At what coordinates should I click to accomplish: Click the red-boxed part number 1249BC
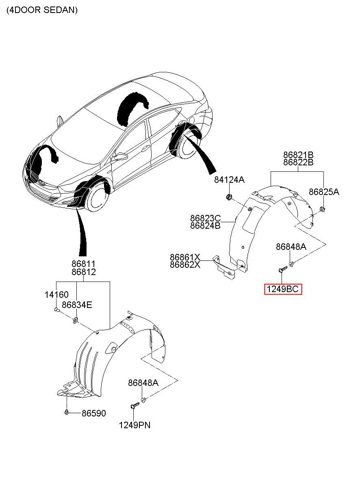(283, 289)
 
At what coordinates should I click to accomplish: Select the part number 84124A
(230, 180)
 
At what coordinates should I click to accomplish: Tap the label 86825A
(323, 192)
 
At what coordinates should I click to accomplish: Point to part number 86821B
(298, 155)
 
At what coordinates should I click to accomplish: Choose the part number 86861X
(185, 257)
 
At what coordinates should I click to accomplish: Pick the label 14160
(56, 295)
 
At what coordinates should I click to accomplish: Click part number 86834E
(77, 305)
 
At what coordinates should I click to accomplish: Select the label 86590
(93, 414)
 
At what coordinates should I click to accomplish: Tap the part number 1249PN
(134, 425)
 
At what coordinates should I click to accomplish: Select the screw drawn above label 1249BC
(281, 270)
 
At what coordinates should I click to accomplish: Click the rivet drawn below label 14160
(56, 310)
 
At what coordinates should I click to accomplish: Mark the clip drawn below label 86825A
(322, 209)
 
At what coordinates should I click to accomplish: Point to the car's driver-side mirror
(120, 156)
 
